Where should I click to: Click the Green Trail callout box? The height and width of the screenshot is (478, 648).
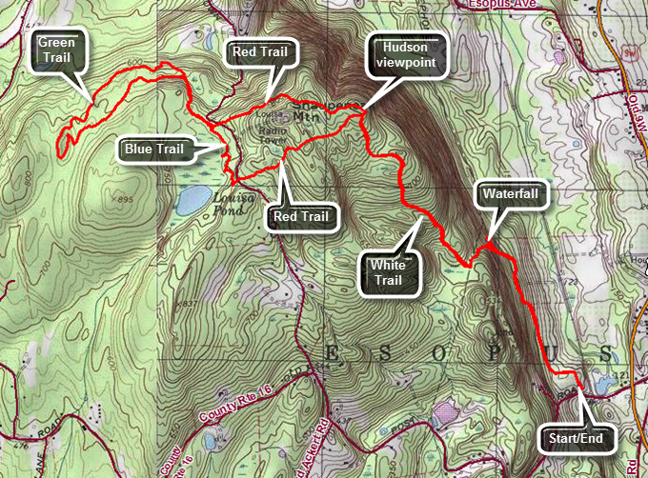click(x=58, y=50)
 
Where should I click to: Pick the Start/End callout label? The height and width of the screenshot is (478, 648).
click(x=577, y=439)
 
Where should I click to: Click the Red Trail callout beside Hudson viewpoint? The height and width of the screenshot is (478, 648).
click(x=260, y=52)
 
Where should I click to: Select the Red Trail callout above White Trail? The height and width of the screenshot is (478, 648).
click(x=300, y=216)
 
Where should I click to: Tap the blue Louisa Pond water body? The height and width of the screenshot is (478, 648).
click(x=192, y=199)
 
